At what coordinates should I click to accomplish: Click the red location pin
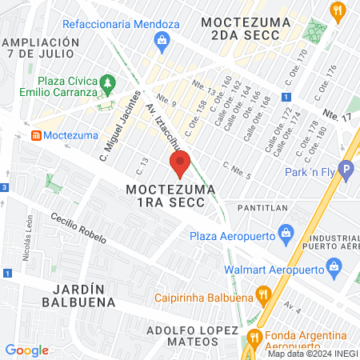[181, 164]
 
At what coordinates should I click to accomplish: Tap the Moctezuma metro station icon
[36, 135]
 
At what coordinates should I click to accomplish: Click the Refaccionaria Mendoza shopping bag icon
[163, 41]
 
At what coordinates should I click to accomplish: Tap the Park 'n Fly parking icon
[346, 170]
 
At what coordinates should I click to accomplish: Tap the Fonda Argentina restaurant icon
[254, 337]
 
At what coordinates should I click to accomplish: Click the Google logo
[26, 350]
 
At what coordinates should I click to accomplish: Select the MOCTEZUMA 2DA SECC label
[241, 29]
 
